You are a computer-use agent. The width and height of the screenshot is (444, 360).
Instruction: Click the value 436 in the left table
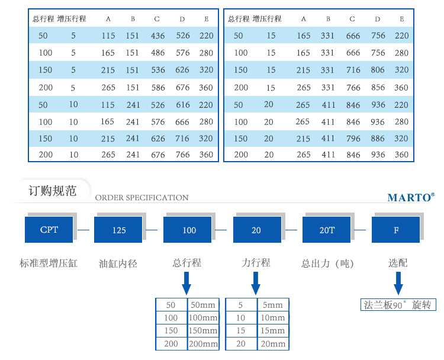click(x=157, y=36)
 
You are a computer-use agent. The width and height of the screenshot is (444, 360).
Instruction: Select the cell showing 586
click(x=158, y=88)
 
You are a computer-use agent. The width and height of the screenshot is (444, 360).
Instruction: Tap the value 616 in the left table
click(x=183, y=105)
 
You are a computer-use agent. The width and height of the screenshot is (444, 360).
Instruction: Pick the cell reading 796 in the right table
click(x=353, y=139)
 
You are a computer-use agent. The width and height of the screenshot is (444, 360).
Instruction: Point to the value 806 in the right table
click(x=378, y=70)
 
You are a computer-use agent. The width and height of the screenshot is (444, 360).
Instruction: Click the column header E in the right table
click(x=401, y=19)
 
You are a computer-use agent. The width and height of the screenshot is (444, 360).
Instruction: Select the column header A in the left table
click(x=108, y=19)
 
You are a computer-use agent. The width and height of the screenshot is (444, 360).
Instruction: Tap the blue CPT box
click(x=49, y=230)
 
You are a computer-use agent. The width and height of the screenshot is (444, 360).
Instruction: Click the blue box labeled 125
click(x=118, y=230)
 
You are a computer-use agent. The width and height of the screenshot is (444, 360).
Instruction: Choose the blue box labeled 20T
click(x=326, y=230)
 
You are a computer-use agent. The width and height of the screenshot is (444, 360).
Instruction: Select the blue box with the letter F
click(x=395, y=230)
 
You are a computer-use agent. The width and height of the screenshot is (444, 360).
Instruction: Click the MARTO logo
click(x=411, y=197)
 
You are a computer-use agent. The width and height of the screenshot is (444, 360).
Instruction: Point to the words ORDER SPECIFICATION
click(x=142, y=197)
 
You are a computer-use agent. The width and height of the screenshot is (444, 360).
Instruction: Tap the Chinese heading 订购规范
click(x=52, y=191)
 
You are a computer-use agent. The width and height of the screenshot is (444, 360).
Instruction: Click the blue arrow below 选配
click(x=398, y=283)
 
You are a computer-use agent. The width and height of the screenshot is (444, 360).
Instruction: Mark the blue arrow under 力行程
click(x=256, y=283)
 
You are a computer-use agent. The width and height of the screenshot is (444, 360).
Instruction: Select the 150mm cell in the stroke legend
click(x=203, y=330)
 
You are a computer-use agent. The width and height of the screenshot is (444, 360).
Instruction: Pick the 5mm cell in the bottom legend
click(x=273, y=305)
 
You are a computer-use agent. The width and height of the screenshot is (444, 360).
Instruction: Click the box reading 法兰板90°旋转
click(x=398, y=305)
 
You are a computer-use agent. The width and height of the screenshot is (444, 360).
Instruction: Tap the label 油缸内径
click(x=118, y=263)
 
